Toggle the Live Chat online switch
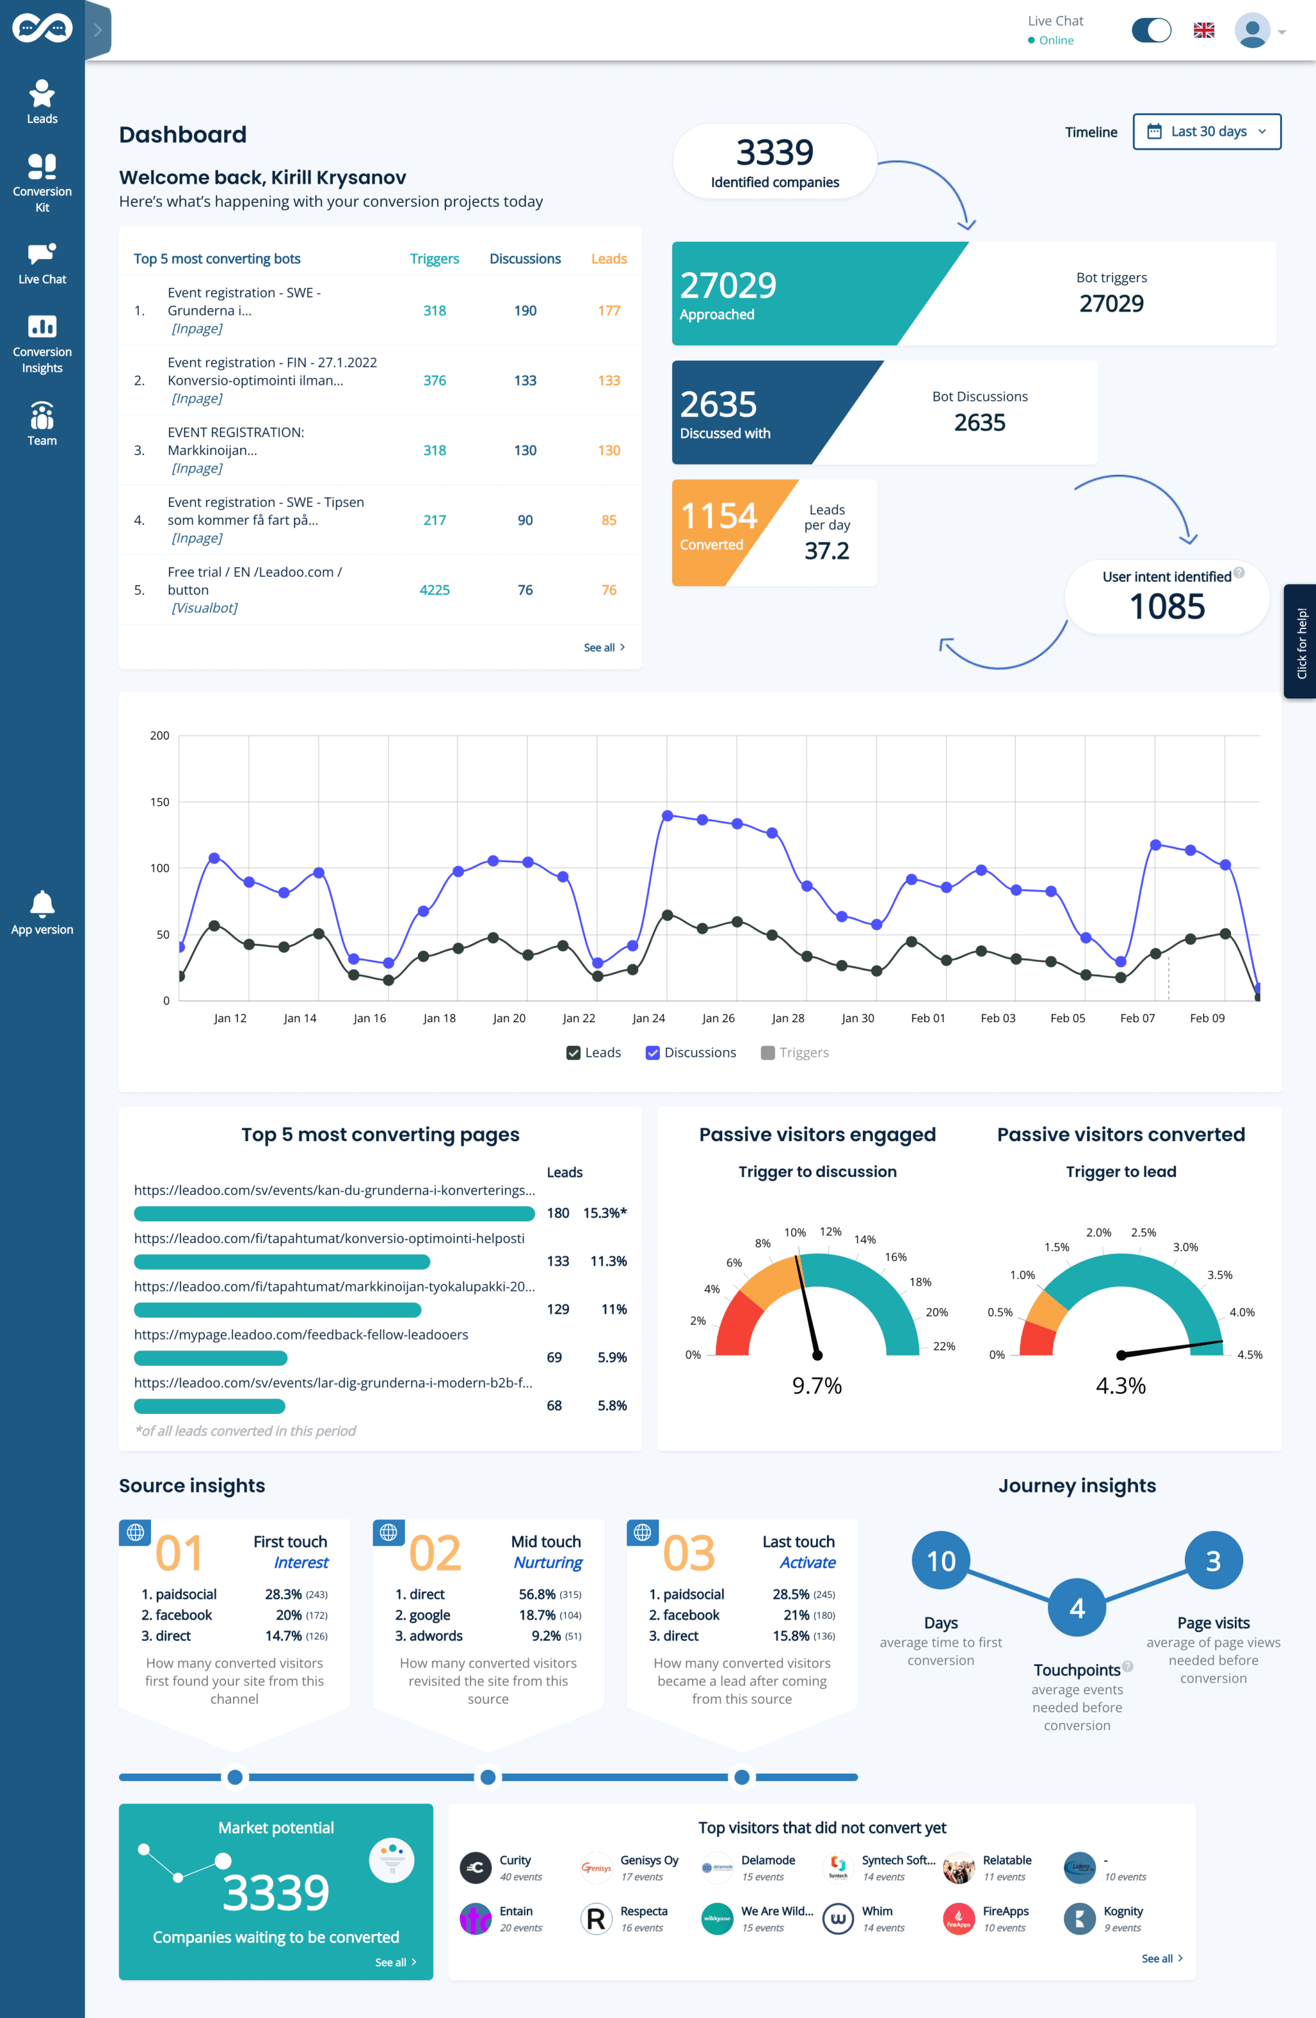click(1151, 31)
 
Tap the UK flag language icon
click(1203, 31)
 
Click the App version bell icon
click(42, 904)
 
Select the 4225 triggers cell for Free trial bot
click(434, 590)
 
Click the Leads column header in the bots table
click(608, 259)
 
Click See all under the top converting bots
click(603, 648)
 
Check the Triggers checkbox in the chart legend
click(767, 1053)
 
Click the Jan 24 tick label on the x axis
click(648, 1018)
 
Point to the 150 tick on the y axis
click(159, 802)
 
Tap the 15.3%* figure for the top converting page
click(604, 1214)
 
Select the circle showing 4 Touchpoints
click(1076, 1607)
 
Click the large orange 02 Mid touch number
click(434, 1553)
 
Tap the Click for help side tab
click(1301, 642)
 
